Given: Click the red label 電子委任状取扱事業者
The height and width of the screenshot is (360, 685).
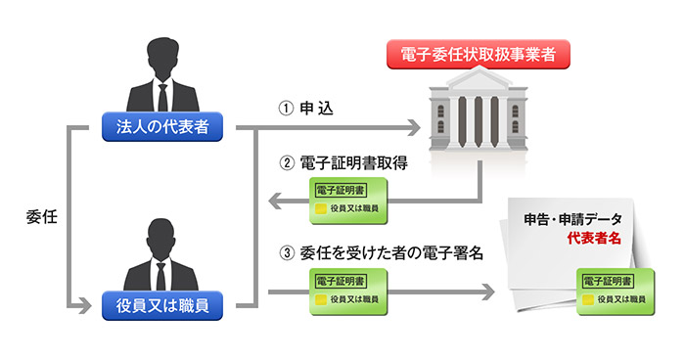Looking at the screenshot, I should tap(479, 55).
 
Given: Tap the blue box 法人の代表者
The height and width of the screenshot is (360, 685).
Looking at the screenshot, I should tap(162, 127).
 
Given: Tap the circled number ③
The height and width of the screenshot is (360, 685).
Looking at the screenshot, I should tap(286, 252).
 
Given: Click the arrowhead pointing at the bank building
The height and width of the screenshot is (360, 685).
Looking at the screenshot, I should tap(411, 128).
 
